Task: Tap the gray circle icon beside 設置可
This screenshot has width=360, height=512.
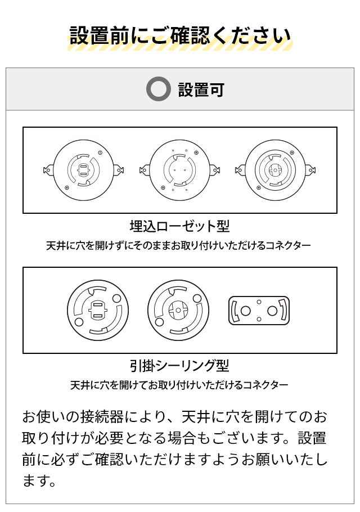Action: [158, 89]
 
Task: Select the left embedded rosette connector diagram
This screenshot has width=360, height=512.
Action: [83, 170]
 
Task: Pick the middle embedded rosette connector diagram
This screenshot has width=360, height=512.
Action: [179, 170]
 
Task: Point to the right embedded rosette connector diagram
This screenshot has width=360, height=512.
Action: [276, 170]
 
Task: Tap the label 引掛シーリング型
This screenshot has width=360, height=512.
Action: [179, 366]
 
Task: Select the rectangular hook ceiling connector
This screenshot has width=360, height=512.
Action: [259, 311]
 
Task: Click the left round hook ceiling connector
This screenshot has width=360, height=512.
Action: [98, 311]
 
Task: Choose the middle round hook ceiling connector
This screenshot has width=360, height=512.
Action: [178, 311]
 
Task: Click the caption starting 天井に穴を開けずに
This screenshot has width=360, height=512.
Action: [178, 246]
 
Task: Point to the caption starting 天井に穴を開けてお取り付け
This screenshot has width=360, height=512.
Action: [179, 385]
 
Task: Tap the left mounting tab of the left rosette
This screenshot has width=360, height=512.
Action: [49, 170]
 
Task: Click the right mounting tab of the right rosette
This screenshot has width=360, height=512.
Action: [310, 170]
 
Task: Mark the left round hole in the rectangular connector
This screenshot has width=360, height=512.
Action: [246, 311]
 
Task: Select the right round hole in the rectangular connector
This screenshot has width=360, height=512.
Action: [272, 311]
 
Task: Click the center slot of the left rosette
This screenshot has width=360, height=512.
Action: [83, 170]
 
